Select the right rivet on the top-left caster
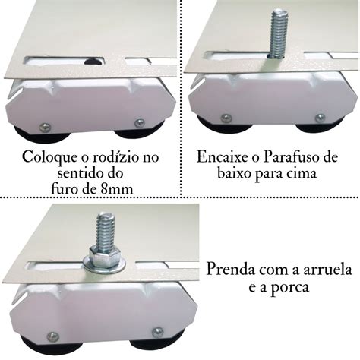click(x=140, y=122)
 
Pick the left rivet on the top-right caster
click(x=226, y=118)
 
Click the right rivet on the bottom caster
click(x=157, y=331)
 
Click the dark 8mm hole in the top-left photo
click(x=91, y=62)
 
